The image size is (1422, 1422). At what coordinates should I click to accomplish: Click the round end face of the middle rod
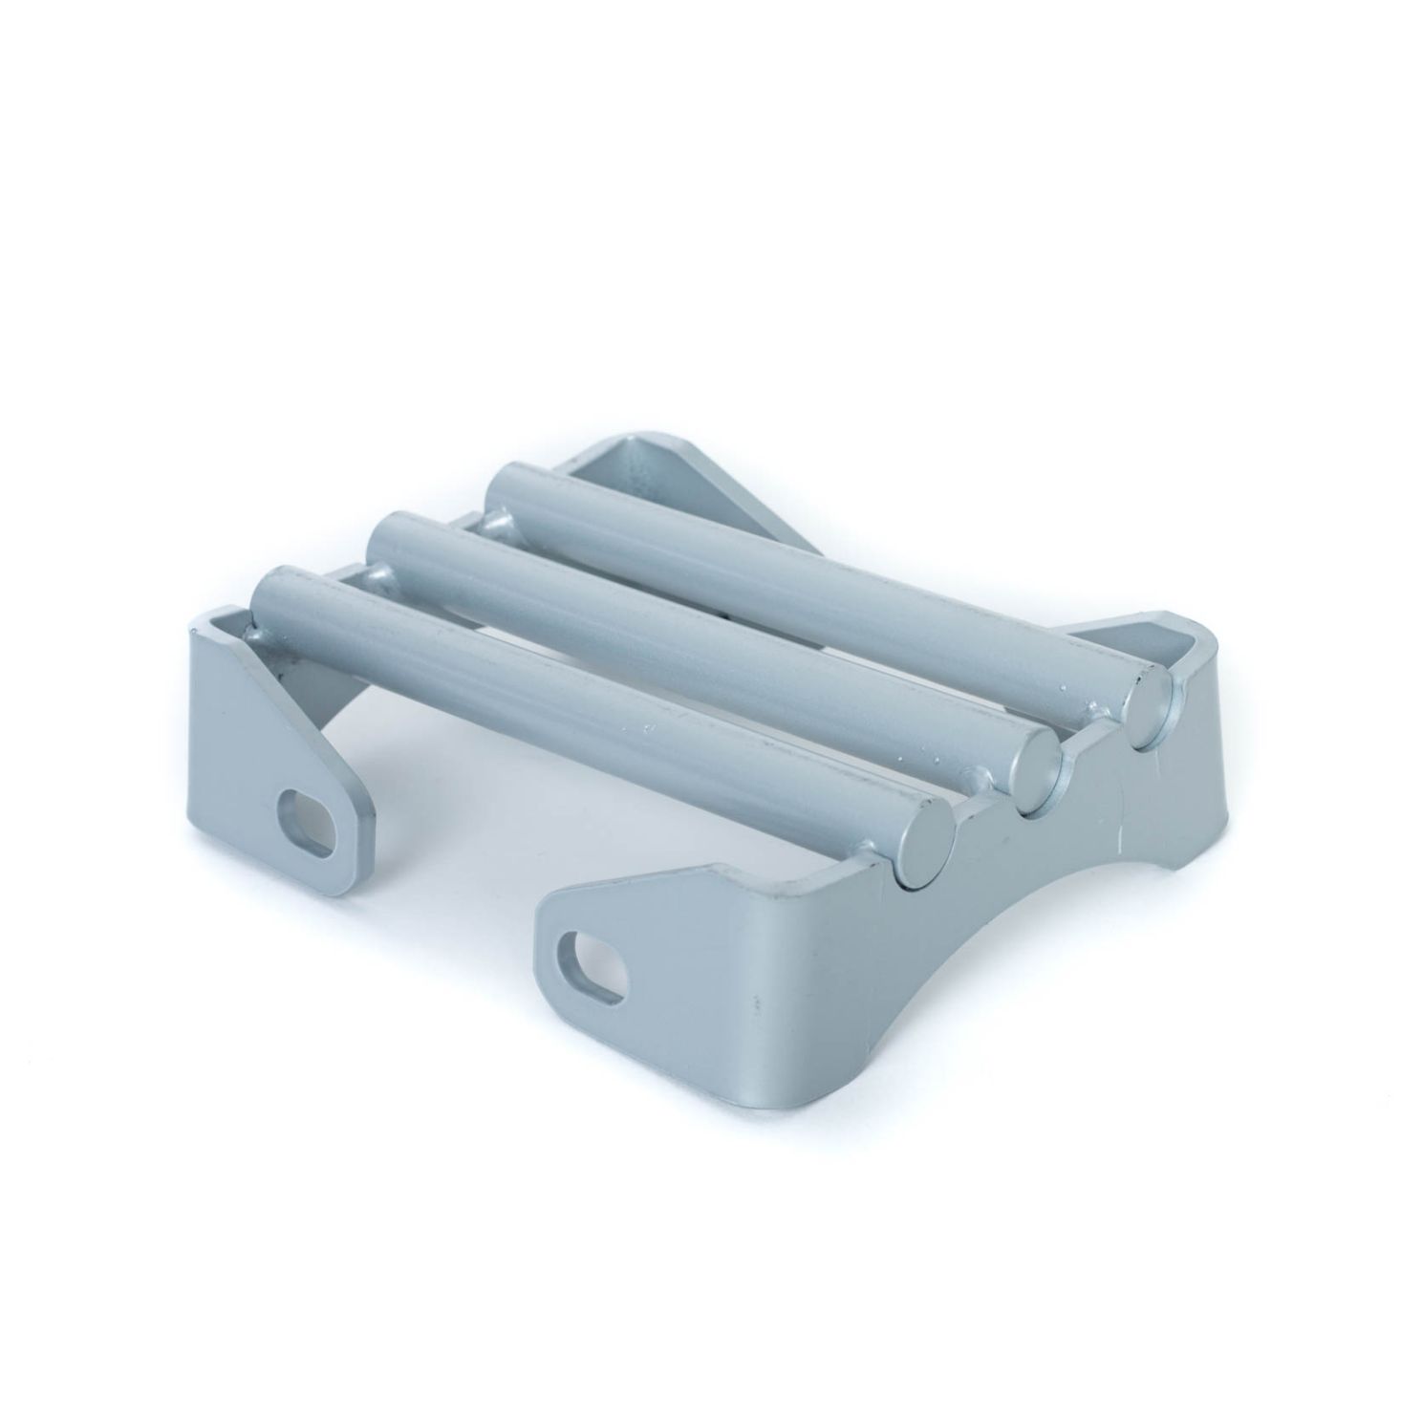1036,767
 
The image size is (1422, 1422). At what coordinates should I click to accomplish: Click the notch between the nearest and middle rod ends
989,822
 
